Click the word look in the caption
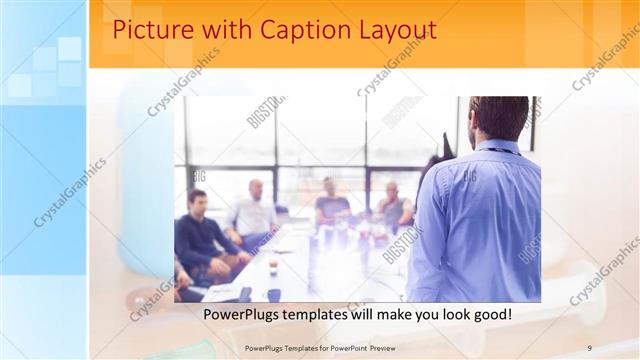445,314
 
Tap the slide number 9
589,347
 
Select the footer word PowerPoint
337,347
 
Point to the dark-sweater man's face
197,201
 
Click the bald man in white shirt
254,212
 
